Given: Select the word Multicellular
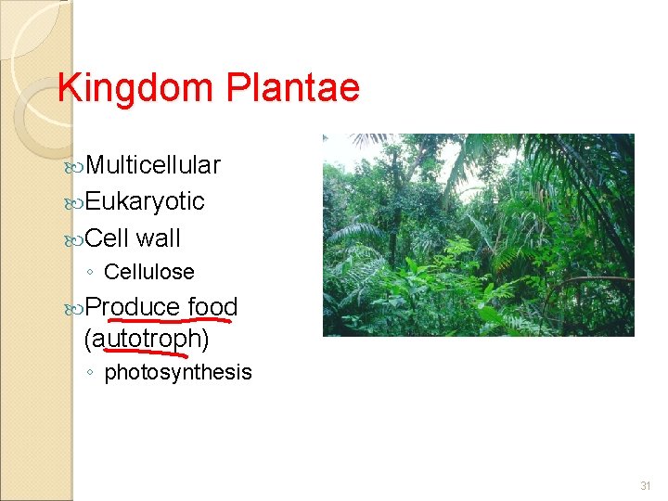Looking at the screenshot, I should (x=153, y=165).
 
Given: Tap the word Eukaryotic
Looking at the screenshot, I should (x=145, y=201).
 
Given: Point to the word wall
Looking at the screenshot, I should (x=158, y=238).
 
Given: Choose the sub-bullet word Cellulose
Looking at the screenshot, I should (x=149, y=272).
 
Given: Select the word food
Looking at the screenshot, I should (x=212, y=306).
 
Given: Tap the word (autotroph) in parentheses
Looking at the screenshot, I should (x=147, y=340).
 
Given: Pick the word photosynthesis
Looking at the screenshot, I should (x=178, y=372).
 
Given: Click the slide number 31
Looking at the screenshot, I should (x=646, y=486).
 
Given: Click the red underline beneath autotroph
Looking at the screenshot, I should (x=153, y=351).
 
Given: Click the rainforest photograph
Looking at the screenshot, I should (x=478, y=235).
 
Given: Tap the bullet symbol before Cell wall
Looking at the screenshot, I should (x=76, y=238).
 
